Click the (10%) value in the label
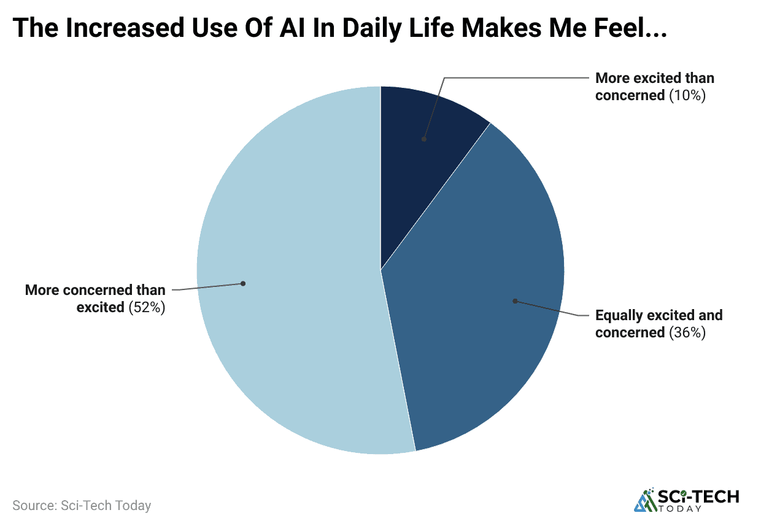687,95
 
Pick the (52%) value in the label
147,307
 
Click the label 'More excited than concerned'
655,87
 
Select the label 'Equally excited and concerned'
659,324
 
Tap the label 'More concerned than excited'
96,299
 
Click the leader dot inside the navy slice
423,139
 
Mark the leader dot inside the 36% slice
515,301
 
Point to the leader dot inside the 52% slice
243,283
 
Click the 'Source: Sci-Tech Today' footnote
82,506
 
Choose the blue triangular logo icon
644,500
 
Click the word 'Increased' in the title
123,29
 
